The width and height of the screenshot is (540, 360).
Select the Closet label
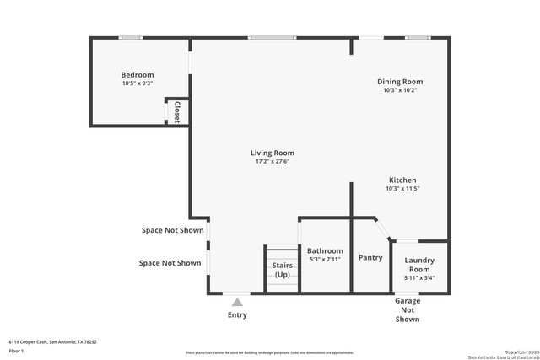pos(177,113)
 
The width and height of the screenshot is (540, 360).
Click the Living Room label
pos(272,153)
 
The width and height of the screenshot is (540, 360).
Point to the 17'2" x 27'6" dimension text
pos(272,162)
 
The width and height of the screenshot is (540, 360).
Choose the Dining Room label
pos(399,81)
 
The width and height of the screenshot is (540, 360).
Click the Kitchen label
pos(402,180)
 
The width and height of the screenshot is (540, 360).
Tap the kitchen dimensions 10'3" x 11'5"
pos(402,188)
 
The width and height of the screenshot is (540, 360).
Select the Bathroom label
pos(324,250)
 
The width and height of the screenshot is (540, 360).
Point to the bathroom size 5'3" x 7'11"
pos(324,260)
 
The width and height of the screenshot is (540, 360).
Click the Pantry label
pos(370,257)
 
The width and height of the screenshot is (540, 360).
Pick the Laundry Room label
pos(419,265)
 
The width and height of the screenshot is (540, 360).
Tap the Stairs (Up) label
pos(282,270)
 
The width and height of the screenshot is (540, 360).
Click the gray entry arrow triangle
pos(238,302)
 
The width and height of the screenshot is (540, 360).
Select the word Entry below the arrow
pos(238,315)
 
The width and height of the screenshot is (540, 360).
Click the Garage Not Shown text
pos(407,309)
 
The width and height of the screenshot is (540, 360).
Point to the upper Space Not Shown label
pos(173,229)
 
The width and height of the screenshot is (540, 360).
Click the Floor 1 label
pos(16,350)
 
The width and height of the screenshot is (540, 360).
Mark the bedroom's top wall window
pos(131,37)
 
